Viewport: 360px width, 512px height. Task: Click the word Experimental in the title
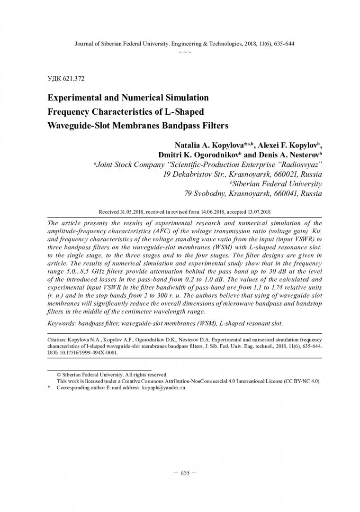76,98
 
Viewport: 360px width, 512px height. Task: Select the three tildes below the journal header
185,51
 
